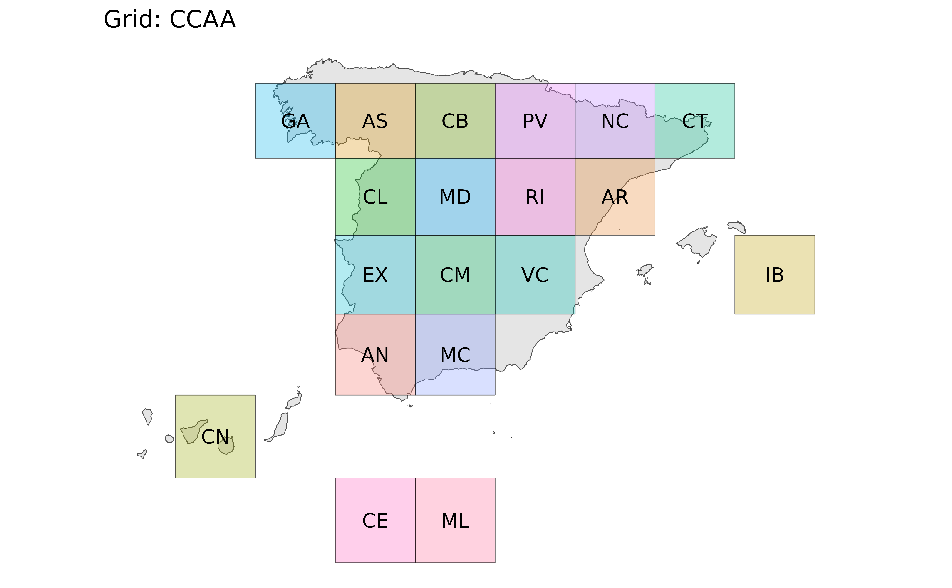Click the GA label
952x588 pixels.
tap(295, 121)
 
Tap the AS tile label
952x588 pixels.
tap(375, 121)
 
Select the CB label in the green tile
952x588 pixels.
tap(455, 121)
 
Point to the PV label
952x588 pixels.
tap(535, 121)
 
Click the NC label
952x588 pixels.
tap(615, 121)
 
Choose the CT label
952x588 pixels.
tap(695, 121)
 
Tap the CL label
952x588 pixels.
tap(375, 197)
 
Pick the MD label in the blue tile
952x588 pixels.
tap(455, 197)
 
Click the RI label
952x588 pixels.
tap(535, 197)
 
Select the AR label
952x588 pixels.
tap(615, 197)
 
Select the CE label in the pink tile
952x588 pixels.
tap(375, 521)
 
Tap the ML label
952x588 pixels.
tap(455, 521)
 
